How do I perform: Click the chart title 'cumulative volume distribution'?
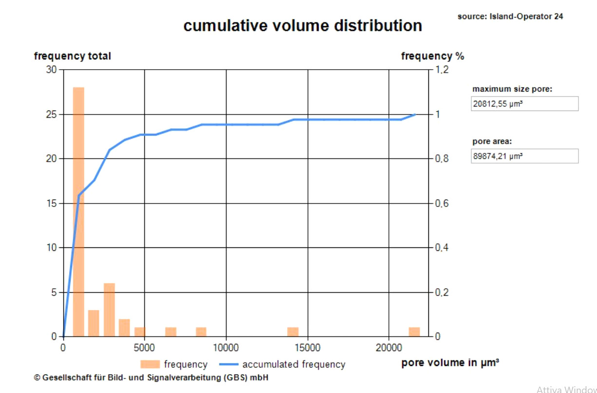(x=303, y=25)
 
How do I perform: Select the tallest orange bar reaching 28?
(x=78, y=212)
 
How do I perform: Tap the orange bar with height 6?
(x=109, y=310)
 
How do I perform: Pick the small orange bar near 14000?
(x=293, y=332)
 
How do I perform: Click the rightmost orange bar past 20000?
(x=414, y=332)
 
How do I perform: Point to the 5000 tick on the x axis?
(x=144, y=348)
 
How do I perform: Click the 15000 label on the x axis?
(x=308, y=348)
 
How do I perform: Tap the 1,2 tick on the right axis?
(x=442, y=70)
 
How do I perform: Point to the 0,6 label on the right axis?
(x=442, y=203)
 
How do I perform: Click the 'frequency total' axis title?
(x=73, y=56)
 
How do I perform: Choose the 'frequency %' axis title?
(x=432, y=56)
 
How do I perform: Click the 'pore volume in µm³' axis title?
(x=450, y=363)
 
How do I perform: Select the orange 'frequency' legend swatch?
(x=150, y=364)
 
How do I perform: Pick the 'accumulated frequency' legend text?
(x=293, y=364)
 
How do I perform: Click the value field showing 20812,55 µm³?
(x=524, y=104)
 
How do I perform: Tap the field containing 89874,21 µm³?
(x=524, y=156)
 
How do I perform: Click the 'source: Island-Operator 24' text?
(x=510, y=17)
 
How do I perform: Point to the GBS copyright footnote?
(x=151, y=377)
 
